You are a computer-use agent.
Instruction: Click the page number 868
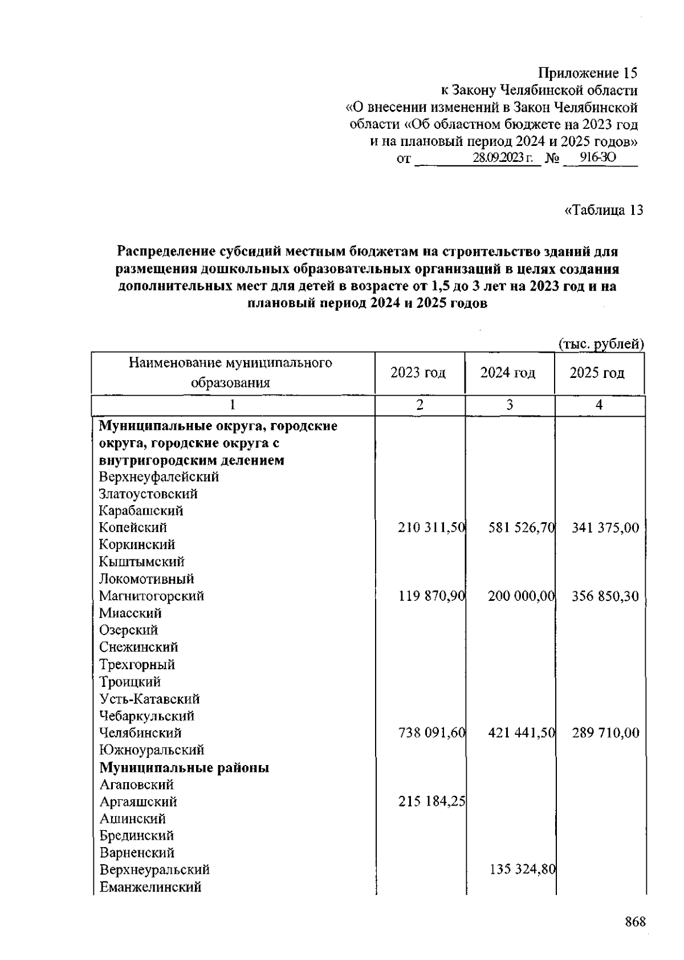click(635, 922)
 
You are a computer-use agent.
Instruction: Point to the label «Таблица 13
click(604, 210)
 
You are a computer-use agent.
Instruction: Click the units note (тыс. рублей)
click(601, 344)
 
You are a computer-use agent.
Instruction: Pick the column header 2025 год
click(597, 373)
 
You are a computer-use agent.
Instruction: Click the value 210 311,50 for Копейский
click(431, 528)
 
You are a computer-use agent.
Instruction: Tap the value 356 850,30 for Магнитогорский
click(605, 596)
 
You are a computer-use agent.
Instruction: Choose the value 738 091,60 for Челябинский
click(431, 733)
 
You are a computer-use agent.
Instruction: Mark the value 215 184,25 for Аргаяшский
click(431, 802)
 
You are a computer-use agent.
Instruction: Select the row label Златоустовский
click(148, 494)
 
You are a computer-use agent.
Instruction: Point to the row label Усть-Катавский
click(149, 699)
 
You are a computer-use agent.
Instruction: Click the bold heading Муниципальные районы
click(184, 768)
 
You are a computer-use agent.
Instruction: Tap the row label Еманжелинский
click(150, 887)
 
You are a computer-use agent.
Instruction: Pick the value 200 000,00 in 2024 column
click(521, 596)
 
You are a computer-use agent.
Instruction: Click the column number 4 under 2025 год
click(599, 405)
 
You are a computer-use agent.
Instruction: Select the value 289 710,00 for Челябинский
click(605, 733)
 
